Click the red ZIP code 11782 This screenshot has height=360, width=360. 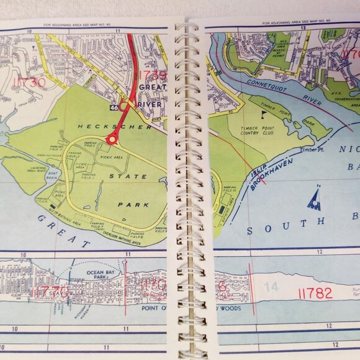click(x=315, y=293)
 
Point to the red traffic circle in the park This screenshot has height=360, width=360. click(x=112, y=140)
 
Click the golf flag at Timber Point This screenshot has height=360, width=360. click(x=263, y=114)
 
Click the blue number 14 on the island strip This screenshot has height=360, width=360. click(x=272, y=287)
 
